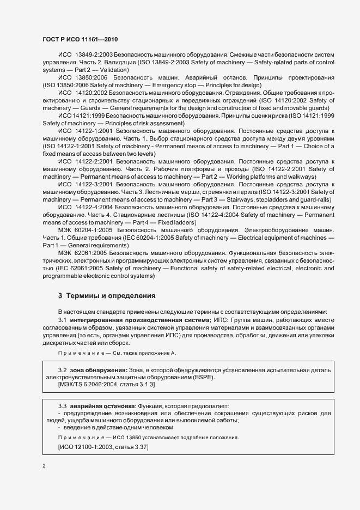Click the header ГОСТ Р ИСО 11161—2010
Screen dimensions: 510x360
80,40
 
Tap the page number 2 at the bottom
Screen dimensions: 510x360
44,467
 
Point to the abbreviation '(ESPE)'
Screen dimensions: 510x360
204,377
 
